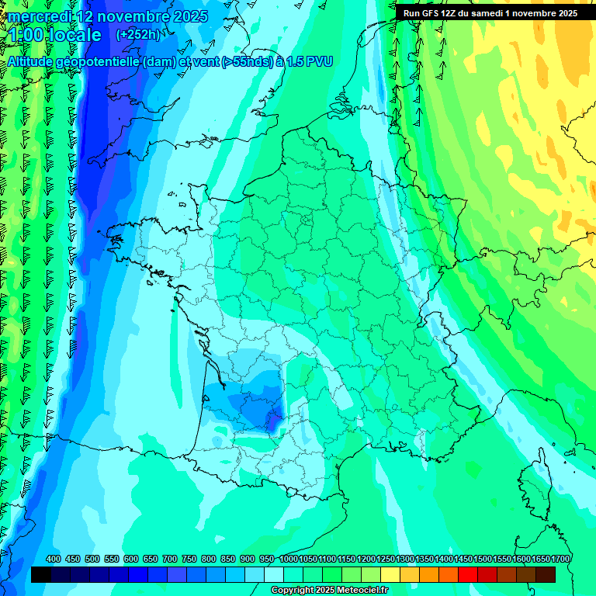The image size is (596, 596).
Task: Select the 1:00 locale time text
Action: click(x=55, y=36)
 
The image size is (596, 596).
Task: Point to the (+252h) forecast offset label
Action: click(x=137, y=35)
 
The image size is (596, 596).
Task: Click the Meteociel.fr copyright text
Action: click(x=329, y=591)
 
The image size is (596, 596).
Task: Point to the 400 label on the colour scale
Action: click(x=54, y=559)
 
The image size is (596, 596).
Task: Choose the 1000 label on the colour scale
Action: click(x=289, y=559)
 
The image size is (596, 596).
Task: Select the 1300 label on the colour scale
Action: click(x=405, y=559)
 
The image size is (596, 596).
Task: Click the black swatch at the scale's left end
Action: click(x=42, y=574)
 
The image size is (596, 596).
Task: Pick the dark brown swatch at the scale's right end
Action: click(x=546, y=574)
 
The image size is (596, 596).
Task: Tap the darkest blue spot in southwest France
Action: click(x=271, y=420)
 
